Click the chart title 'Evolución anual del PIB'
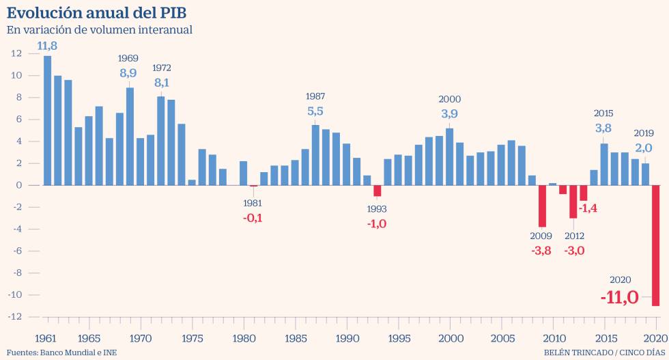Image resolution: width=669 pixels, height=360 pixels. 96,12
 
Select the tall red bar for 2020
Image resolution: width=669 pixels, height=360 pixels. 655,245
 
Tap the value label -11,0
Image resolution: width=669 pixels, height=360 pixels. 619,298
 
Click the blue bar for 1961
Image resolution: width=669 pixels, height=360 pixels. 47,120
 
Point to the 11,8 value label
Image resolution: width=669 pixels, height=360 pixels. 47,46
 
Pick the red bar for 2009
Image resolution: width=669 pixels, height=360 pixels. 542,206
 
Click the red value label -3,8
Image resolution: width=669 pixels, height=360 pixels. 541,251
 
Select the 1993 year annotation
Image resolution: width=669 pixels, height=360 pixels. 377,208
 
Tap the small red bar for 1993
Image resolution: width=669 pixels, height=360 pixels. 377,191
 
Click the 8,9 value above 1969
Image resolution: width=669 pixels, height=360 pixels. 128,73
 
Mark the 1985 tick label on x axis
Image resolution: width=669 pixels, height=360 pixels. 295,338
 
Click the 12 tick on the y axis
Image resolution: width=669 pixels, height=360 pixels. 17,53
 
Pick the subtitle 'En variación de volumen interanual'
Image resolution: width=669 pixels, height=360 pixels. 99,29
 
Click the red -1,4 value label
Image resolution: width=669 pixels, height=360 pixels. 588,208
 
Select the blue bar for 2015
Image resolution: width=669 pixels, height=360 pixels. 604,164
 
